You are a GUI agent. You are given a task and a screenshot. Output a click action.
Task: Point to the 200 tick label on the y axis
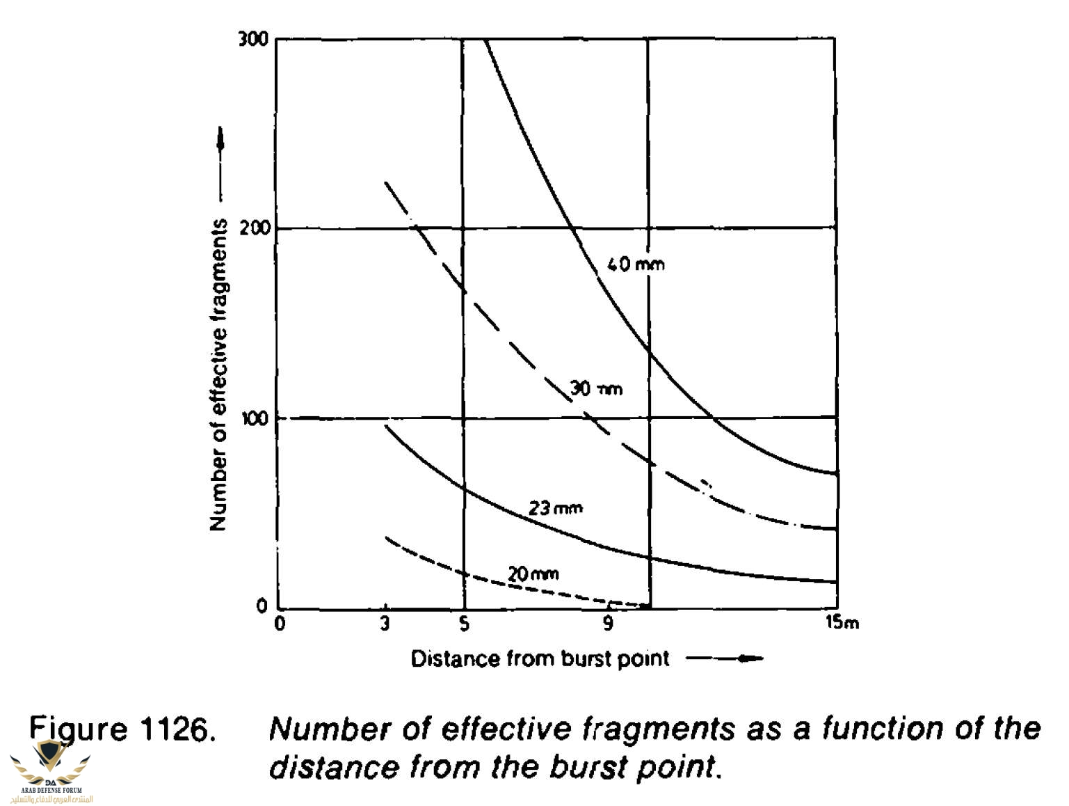255,228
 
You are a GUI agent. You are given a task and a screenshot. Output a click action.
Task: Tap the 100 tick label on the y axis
255,418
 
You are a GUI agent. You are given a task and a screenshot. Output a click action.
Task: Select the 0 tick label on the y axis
262,606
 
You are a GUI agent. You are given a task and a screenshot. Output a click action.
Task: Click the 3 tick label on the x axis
385,624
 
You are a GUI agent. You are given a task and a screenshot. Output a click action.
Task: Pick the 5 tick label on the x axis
464,624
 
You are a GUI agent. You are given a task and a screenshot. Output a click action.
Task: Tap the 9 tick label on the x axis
608,624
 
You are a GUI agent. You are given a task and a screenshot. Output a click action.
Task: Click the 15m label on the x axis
842,622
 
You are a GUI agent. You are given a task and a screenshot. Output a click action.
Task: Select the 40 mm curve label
636,264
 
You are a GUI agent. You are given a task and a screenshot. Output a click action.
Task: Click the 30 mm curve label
596,388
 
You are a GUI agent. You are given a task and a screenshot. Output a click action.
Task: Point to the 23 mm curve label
555,508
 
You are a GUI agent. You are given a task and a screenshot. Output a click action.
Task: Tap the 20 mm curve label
533,574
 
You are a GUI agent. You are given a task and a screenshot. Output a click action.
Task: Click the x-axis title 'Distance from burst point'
540,658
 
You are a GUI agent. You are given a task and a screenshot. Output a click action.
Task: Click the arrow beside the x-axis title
725,658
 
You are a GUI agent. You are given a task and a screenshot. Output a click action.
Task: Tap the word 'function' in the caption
881,729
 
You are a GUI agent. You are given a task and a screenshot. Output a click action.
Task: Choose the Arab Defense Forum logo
51,771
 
